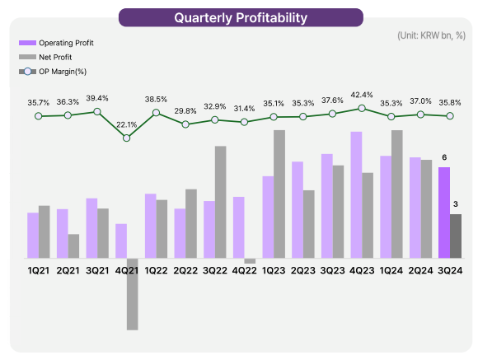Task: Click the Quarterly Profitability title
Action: point(241,18)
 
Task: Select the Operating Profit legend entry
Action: point(56,43)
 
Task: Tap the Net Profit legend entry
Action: point(45,57)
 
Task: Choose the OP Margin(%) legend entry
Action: point(53,72)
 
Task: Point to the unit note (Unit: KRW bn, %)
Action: point(432,35)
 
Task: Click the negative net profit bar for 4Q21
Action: point(133,294)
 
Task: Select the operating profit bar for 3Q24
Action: point(444,213)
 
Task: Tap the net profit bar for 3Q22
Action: point(221,203)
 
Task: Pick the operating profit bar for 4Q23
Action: point(356,195)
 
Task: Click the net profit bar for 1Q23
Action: point(279,194)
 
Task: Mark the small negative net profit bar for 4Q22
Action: point(250,261)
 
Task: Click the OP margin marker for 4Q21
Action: point(126,138)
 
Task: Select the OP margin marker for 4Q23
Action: point(362,108)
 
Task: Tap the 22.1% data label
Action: point(127,125)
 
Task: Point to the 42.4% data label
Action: point(362,95)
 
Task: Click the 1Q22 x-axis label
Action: point(156,271)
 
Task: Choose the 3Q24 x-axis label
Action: point(450,271)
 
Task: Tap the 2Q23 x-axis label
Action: point(302,271)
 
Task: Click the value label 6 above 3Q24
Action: point(444,157)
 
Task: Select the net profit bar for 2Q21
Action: point(73,246)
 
